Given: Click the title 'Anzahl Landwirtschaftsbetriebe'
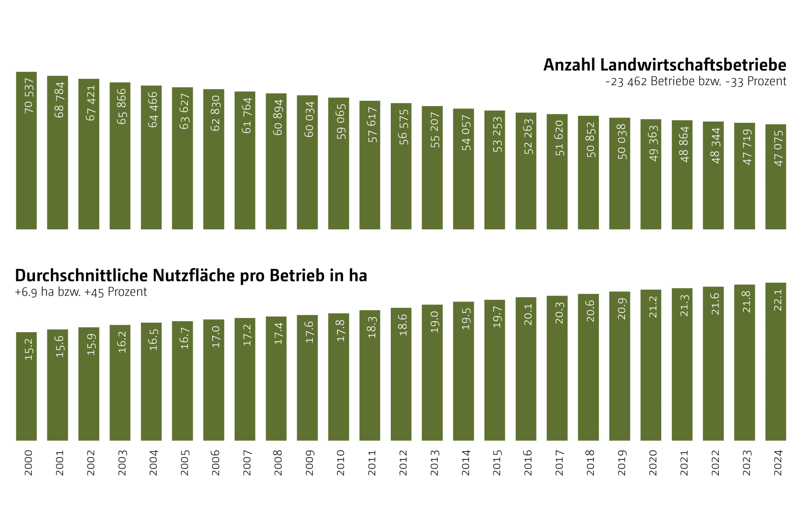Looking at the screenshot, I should (664, 65).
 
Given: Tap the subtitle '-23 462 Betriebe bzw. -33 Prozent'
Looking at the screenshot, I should (695, 82).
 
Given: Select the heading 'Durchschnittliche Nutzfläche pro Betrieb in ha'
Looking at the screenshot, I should (191, 275).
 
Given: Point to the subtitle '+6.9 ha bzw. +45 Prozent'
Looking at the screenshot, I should (81, 292).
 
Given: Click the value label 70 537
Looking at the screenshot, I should (29, 96).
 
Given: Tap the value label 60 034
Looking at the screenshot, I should (309, 119).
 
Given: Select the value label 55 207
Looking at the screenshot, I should (434, 130).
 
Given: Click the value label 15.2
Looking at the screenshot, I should (29, 349).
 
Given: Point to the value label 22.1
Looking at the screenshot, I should (778, 300).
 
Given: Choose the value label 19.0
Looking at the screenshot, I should (434, 322).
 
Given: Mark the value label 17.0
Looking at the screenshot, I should (216, 337).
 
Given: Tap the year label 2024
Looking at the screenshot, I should (778, 463).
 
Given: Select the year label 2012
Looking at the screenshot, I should (403, 463).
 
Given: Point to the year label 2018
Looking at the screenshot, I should (590, 463).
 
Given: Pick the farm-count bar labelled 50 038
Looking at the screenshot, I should (619, 189).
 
